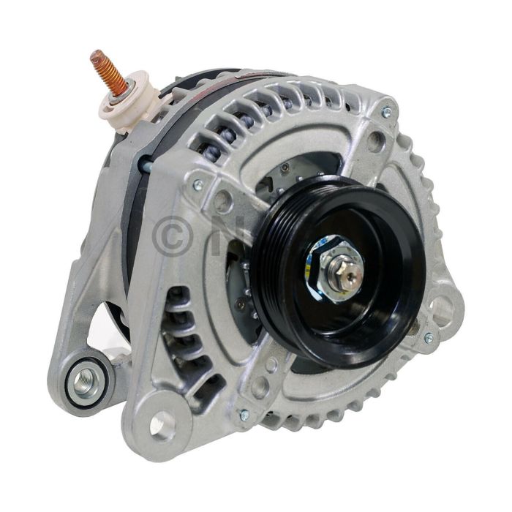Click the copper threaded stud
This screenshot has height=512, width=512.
105,70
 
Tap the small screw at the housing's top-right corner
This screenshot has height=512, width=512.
386,113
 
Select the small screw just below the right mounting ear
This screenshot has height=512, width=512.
428,338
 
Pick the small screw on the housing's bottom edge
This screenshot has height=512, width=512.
244,415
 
